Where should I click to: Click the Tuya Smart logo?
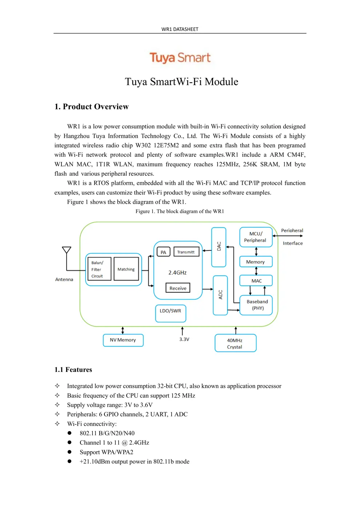click(180, 58)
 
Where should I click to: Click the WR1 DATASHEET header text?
click(180, 29)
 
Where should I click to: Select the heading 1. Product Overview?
click(91, 107)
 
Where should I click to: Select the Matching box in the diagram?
click(126, 269)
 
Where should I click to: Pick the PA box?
click(163, 252)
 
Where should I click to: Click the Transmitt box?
click(186, 252)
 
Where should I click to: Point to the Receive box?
click(178, 288)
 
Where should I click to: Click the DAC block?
click(219, 247)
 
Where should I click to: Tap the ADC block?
click(220, 295)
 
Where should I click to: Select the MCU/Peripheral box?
click(256, 237)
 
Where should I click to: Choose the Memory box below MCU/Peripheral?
click(256, 262)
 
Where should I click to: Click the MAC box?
click(256, 281)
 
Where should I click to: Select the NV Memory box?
click(123, 340)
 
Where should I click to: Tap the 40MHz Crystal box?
click(235, 343)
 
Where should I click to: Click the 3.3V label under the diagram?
click(184, 339)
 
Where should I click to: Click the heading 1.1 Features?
click(73, 370)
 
